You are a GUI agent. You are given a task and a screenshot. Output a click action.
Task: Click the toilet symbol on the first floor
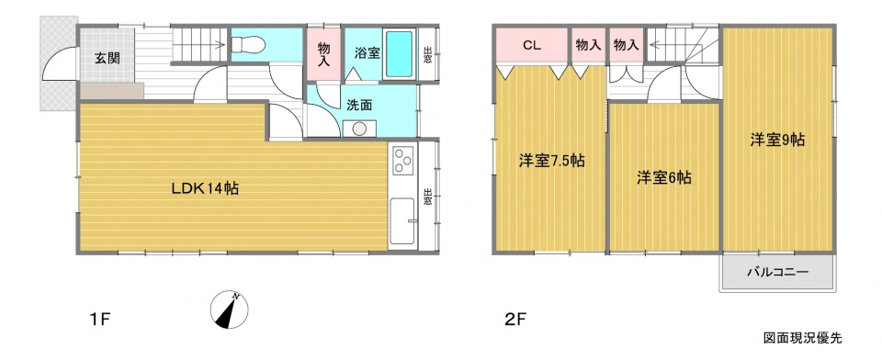[248, 43]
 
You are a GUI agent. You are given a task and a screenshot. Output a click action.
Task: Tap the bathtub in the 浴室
[400, 54]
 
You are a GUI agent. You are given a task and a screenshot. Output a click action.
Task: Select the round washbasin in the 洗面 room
[358, 129]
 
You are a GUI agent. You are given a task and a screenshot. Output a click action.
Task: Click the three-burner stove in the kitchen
[403, 160]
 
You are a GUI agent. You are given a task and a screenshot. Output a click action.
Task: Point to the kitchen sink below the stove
[402, 220]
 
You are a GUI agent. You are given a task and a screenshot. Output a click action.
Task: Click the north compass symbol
[230, 309]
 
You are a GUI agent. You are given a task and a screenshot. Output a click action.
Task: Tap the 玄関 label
[107, 58]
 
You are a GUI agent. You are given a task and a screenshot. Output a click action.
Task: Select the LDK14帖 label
[205, 188]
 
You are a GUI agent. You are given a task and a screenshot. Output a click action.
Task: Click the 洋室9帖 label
[777, 140]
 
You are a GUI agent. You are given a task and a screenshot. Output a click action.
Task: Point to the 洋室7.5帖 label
[551, 162]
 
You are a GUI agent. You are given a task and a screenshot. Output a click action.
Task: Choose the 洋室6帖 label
[663, 178]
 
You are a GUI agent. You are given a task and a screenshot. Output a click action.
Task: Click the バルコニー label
[778, 273]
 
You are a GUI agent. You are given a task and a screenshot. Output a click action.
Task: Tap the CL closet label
[532, 46]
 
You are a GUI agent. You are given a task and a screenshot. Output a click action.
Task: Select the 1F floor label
[102, 321]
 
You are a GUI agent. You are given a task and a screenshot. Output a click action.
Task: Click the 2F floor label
[514, 321]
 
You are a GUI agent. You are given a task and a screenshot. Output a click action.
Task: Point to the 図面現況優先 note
[803, 338]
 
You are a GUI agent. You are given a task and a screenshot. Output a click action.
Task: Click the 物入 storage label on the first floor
[323, 54]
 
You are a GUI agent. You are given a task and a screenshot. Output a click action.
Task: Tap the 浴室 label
[367, 54]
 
